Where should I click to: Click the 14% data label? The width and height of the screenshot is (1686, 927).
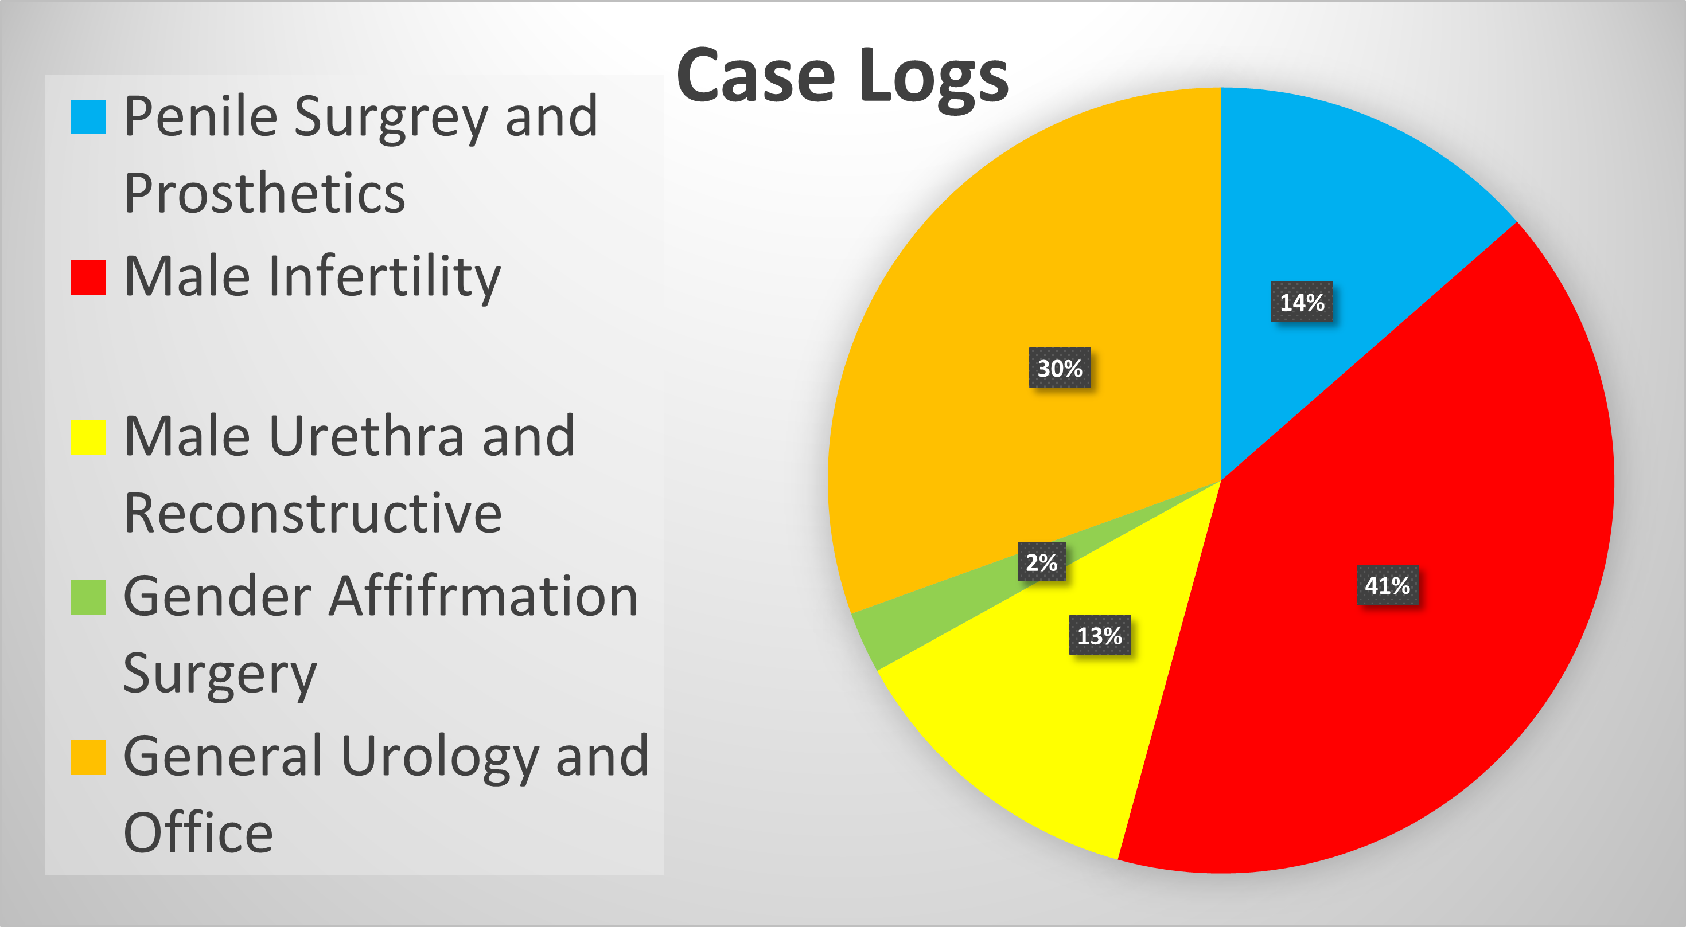pyautogui.click(x=1302, y=302)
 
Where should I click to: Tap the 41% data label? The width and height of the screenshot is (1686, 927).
pyautogui.click(x=1388, y=585)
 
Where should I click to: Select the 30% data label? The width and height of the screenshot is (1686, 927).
pyautogui.click(x=1060, y=367)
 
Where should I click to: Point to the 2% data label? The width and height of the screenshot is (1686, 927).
pyautogui.click(x=1041, y=561)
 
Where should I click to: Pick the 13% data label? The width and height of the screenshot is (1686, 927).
pyautogui.click(x=1100, y=635)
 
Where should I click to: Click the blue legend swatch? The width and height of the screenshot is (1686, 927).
pyautogui.click(x=88, y=116)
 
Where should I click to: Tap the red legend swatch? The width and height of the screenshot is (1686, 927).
pyautogui.click(x=88, y=277)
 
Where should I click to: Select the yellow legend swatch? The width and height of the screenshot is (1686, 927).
pyautogui.click(x=88, y=437)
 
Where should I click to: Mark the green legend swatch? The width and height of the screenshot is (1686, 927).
pyautogui.click(x=88, y=597)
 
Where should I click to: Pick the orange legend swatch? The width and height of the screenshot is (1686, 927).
pyautogui.click(x=88, y=757)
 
